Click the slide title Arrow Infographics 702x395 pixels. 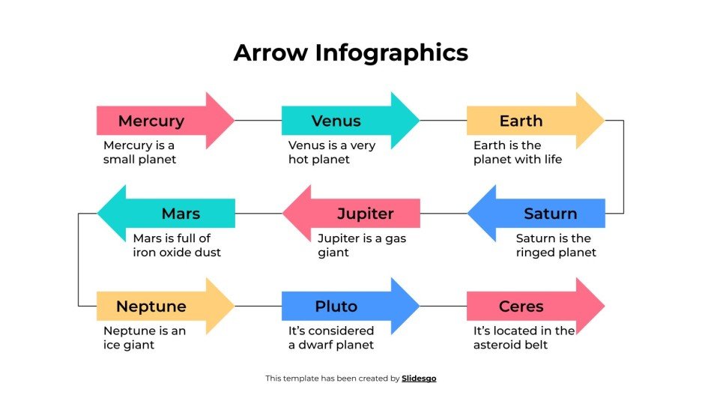click(x=351, y=52)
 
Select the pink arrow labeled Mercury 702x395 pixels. click(x=151, y=121)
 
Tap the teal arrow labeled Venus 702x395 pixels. click(x=336, y=121)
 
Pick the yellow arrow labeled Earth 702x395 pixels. click(x=521, y=121)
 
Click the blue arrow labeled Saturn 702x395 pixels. click(x=550, y=214)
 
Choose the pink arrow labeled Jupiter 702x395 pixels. click(x=365, y=214)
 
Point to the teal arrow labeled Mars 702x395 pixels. click(x=181, y=214)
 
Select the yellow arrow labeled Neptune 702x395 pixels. click(x=151, y=307)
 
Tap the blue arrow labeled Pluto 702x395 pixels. click(x=336, y=307)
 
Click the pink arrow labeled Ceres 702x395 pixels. click(x=521, y=307)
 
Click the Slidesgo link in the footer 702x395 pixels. click(x=419, y=379)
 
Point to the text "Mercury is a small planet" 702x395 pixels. click(x=140, y=152)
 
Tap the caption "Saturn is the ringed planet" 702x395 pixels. click(x=556, y=245)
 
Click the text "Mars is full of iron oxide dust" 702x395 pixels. click(x=177, y=245)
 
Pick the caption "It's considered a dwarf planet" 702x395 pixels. click(x=331, y=338)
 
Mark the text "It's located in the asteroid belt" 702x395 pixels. click(x=524, y=338)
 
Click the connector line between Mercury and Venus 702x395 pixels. click(x=258, y=121)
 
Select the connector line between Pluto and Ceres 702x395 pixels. click(x=443, y=307)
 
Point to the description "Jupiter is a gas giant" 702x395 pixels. click(x=362, y=245)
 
